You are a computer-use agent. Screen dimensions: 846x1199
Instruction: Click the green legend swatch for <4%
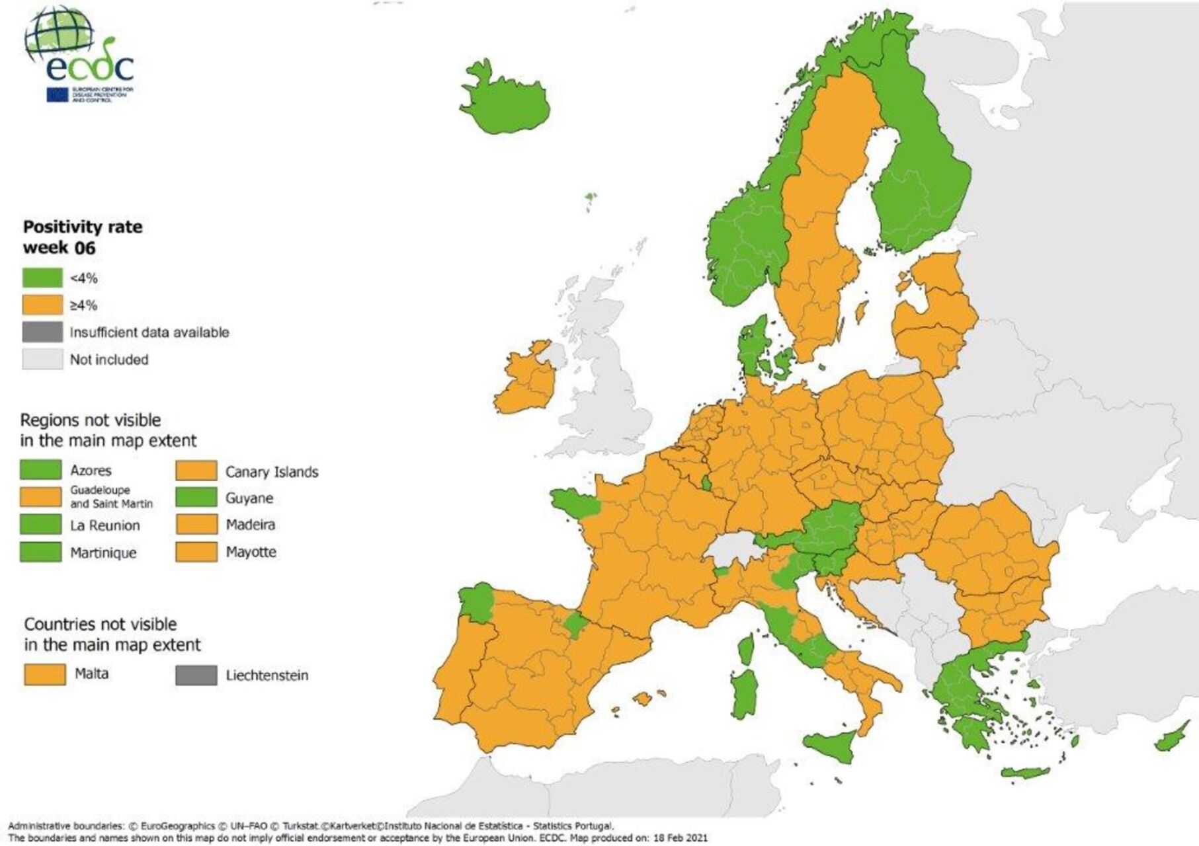click(42, 278)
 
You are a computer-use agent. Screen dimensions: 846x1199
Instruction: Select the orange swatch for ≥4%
click(42, 305)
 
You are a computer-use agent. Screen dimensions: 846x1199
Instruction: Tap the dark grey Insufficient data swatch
click(42, 332)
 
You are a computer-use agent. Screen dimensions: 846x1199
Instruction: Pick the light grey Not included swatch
click(42, 359)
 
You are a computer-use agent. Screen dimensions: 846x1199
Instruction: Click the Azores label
click(91, 471)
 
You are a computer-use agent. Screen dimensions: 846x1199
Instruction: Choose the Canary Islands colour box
click(196, 471)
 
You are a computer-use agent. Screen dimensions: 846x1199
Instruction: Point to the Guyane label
click(249, 498)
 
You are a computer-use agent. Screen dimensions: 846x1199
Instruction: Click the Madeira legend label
click(250, 525)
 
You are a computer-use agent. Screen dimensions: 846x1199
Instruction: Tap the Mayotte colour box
click(196, 552)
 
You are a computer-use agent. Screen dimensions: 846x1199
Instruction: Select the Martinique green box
click(40, 552)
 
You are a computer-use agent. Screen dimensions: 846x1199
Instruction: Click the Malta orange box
click(44, 674)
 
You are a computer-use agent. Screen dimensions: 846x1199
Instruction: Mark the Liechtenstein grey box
click(196, 675)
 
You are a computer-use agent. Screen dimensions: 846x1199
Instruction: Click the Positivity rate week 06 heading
click(83, 237)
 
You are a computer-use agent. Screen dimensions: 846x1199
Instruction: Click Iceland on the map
click(505, 99)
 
